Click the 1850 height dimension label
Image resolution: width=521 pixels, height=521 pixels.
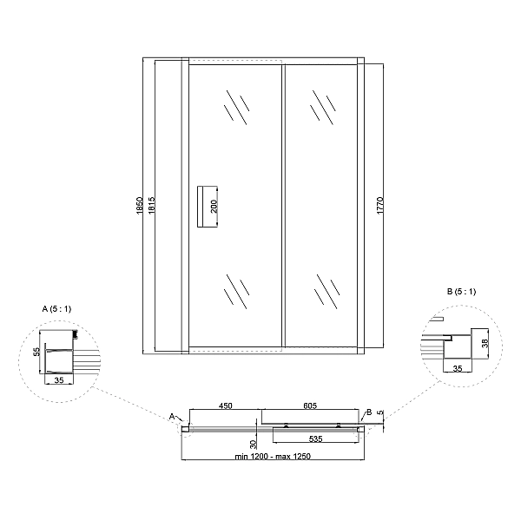[140, 205]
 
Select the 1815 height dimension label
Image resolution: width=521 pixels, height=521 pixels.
[151, 205]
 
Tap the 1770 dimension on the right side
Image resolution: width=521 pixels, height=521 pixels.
[380, 205]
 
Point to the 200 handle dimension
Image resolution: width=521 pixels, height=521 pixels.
[214, 206]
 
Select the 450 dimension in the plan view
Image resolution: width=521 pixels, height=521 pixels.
[225, 406]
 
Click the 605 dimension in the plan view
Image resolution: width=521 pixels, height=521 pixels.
[310, 406]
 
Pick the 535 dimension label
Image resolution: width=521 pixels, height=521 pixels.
[315, 439]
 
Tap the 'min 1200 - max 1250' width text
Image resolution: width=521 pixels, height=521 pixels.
[273, 456]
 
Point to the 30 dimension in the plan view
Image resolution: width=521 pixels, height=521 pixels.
[253, 444]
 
